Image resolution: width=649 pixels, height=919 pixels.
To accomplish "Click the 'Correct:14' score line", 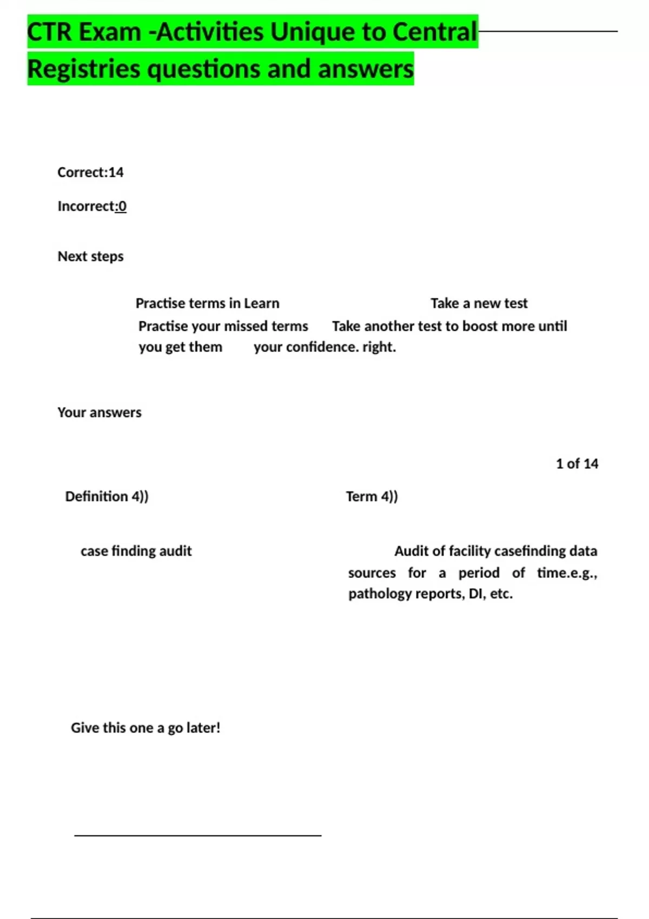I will pos(90,172).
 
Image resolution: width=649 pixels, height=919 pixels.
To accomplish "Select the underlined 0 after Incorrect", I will pos(122,207).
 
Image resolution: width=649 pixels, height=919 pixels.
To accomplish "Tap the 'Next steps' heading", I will pos(90,256).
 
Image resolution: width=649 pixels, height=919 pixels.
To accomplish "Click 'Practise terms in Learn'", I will pos(207,303).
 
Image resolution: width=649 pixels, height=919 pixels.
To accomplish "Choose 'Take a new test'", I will pos(479,303).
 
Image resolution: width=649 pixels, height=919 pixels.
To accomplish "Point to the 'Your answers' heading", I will pos(100,412).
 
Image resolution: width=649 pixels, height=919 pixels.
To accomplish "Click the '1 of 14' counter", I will pos(577,464).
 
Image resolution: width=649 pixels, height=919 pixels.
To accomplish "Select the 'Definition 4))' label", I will pos(107,496).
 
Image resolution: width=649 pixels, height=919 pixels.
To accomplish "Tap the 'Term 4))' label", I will pos(372,496).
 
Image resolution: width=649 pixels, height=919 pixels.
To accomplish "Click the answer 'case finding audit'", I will pos(136,551).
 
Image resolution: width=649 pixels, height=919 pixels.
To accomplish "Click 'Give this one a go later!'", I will pos(145,728).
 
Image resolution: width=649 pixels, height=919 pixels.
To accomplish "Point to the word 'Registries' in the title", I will pos(83,69).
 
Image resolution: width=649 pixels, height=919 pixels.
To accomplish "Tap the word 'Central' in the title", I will pos(434,32).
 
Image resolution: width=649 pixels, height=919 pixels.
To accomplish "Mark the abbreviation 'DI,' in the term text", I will pos(476,594).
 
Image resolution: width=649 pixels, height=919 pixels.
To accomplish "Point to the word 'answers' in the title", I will pos(366,69).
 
